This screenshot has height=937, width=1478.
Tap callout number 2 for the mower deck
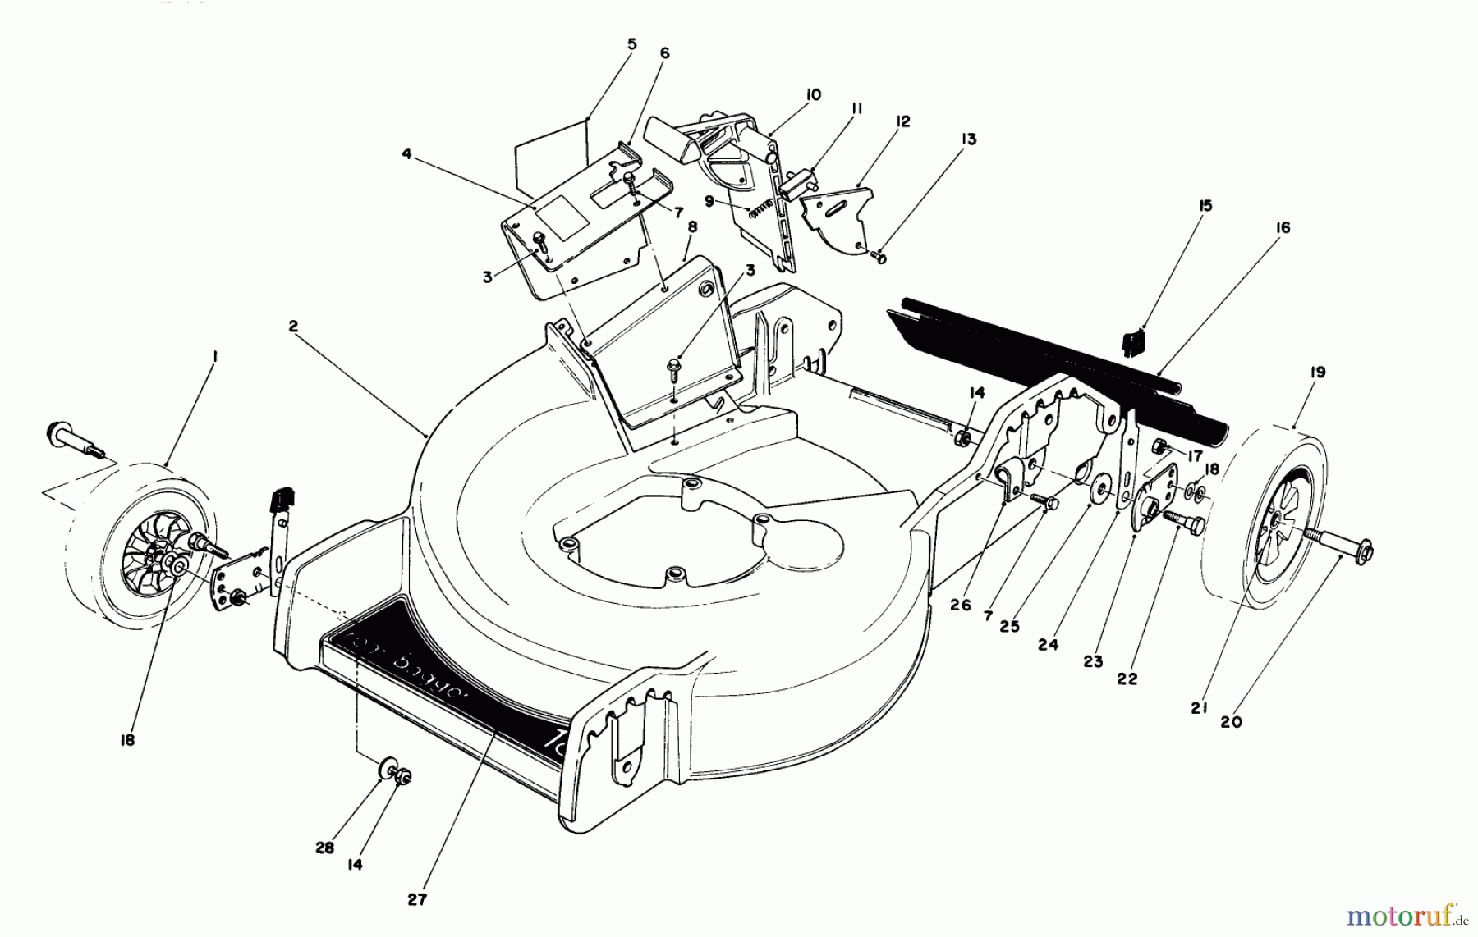tap(293, 325)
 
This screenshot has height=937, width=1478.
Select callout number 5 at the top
tap(631, 43)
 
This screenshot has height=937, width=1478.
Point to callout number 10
tap(813, 95)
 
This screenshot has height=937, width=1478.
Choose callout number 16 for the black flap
tap(1283, 227)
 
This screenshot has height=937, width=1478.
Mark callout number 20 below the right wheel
tap(1232, 721)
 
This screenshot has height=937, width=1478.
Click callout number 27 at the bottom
tap(417, 899)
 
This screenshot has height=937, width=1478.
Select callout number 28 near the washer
tap(325, 848)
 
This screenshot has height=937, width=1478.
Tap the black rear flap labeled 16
tap(1059, 361)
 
